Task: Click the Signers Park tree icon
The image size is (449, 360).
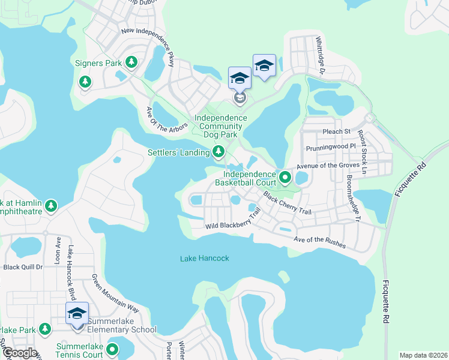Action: pyautogui.click(x=131, y=62)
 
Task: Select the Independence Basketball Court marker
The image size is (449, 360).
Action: pyautogui.click(x=285, y=178)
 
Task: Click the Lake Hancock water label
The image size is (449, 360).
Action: pyautogui.click(x=205, y=259)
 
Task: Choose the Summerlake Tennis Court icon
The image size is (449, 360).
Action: pyautogui.click(x=113, y=349)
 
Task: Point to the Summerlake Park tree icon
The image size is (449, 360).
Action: pyautogui.click(x=44, y=329)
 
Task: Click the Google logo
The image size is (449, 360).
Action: pyautogui.click(x=20, y=353)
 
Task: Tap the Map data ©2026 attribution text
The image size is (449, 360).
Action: pyautogui.click(x=423, y=355)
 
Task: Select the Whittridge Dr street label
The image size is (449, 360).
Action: pyautogui.click(x=321, y=55)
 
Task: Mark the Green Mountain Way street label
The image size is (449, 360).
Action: pyautogui.click(x=115, y=293)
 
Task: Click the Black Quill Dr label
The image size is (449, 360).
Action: pyautogui.click(x=23, y=267)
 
